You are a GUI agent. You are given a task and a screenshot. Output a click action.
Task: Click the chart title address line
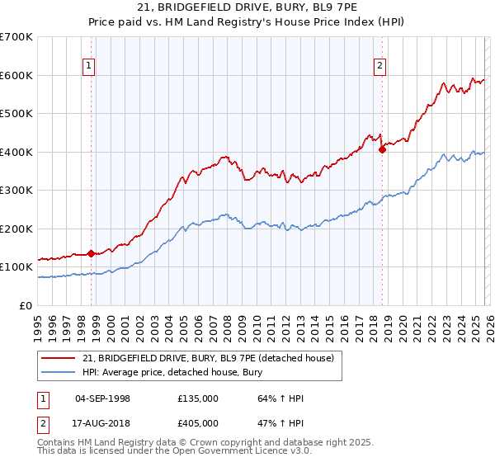(247, 8)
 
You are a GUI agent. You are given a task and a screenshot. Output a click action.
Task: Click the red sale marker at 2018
(382, 150)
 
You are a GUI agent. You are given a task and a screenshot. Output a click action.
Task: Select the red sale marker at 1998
(90, 253)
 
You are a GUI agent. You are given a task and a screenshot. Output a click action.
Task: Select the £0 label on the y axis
(26, 305)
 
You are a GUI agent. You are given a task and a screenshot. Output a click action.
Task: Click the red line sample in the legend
(58, 358)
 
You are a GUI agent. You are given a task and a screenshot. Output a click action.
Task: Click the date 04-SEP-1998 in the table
(102, 398)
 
